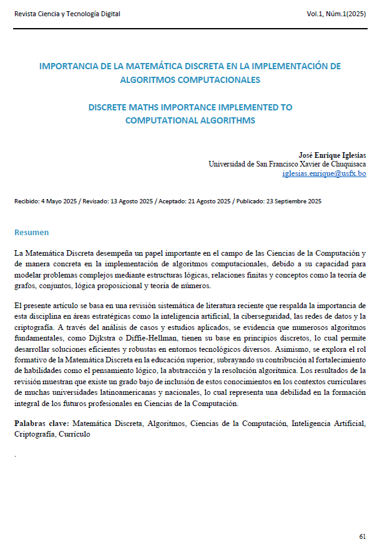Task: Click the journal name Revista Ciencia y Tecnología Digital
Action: coord(67,14)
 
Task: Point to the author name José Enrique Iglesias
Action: coord(333,154)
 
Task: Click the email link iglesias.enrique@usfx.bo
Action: coord(324,173)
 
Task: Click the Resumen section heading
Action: coord(31,233)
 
